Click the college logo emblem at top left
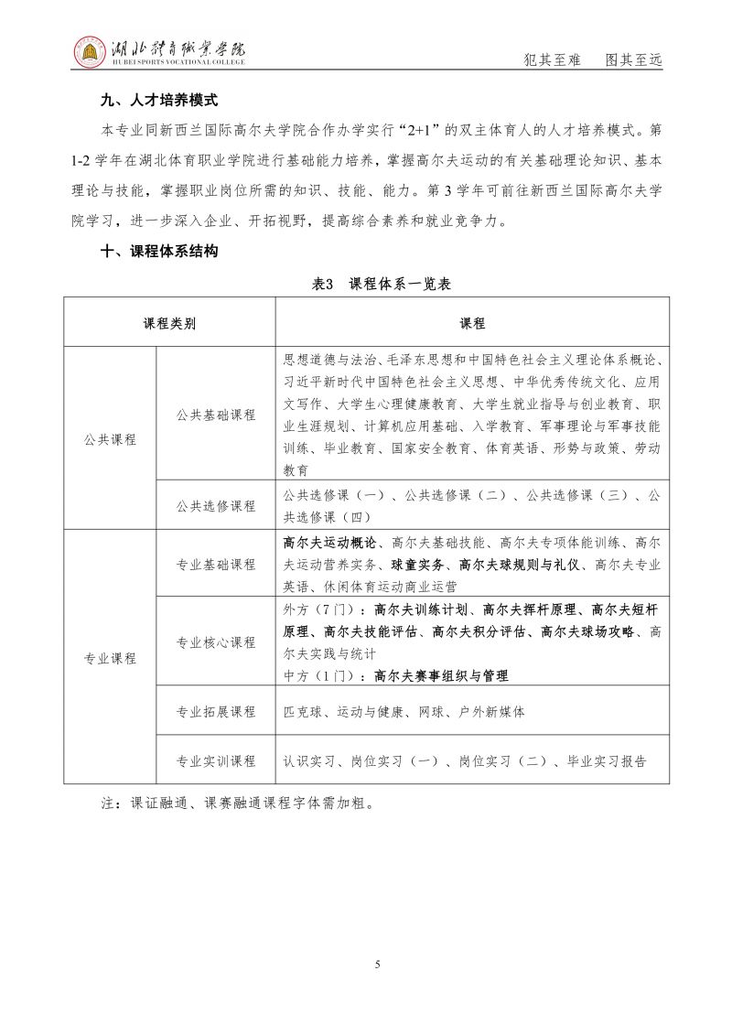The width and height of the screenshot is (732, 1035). [x=89, y=52]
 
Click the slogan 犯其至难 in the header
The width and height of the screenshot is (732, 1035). [x=551, y=59]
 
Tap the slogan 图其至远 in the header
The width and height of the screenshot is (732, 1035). [x=633, y=59]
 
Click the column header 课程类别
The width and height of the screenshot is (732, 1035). [x=169, y=323]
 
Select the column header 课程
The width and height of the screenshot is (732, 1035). [x=472, y=323]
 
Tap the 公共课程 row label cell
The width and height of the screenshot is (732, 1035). [x=110, y=438]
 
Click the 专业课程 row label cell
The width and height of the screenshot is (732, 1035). [x=110, y=657]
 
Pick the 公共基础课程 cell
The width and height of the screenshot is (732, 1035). [x=216, y=415]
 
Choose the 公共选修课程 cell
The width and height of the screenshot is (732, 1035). [x=216, y=505]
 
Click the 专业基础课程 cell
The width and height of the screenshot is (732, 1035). [x=216, y=564]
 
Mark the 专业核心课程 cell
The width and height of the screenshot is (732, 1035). [x=216, y=642]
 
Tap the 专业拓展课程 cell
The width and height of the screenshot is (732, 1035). [x=216, y=711]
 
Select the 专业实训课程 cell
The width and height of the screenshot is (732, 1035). [x=216, y=760]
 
